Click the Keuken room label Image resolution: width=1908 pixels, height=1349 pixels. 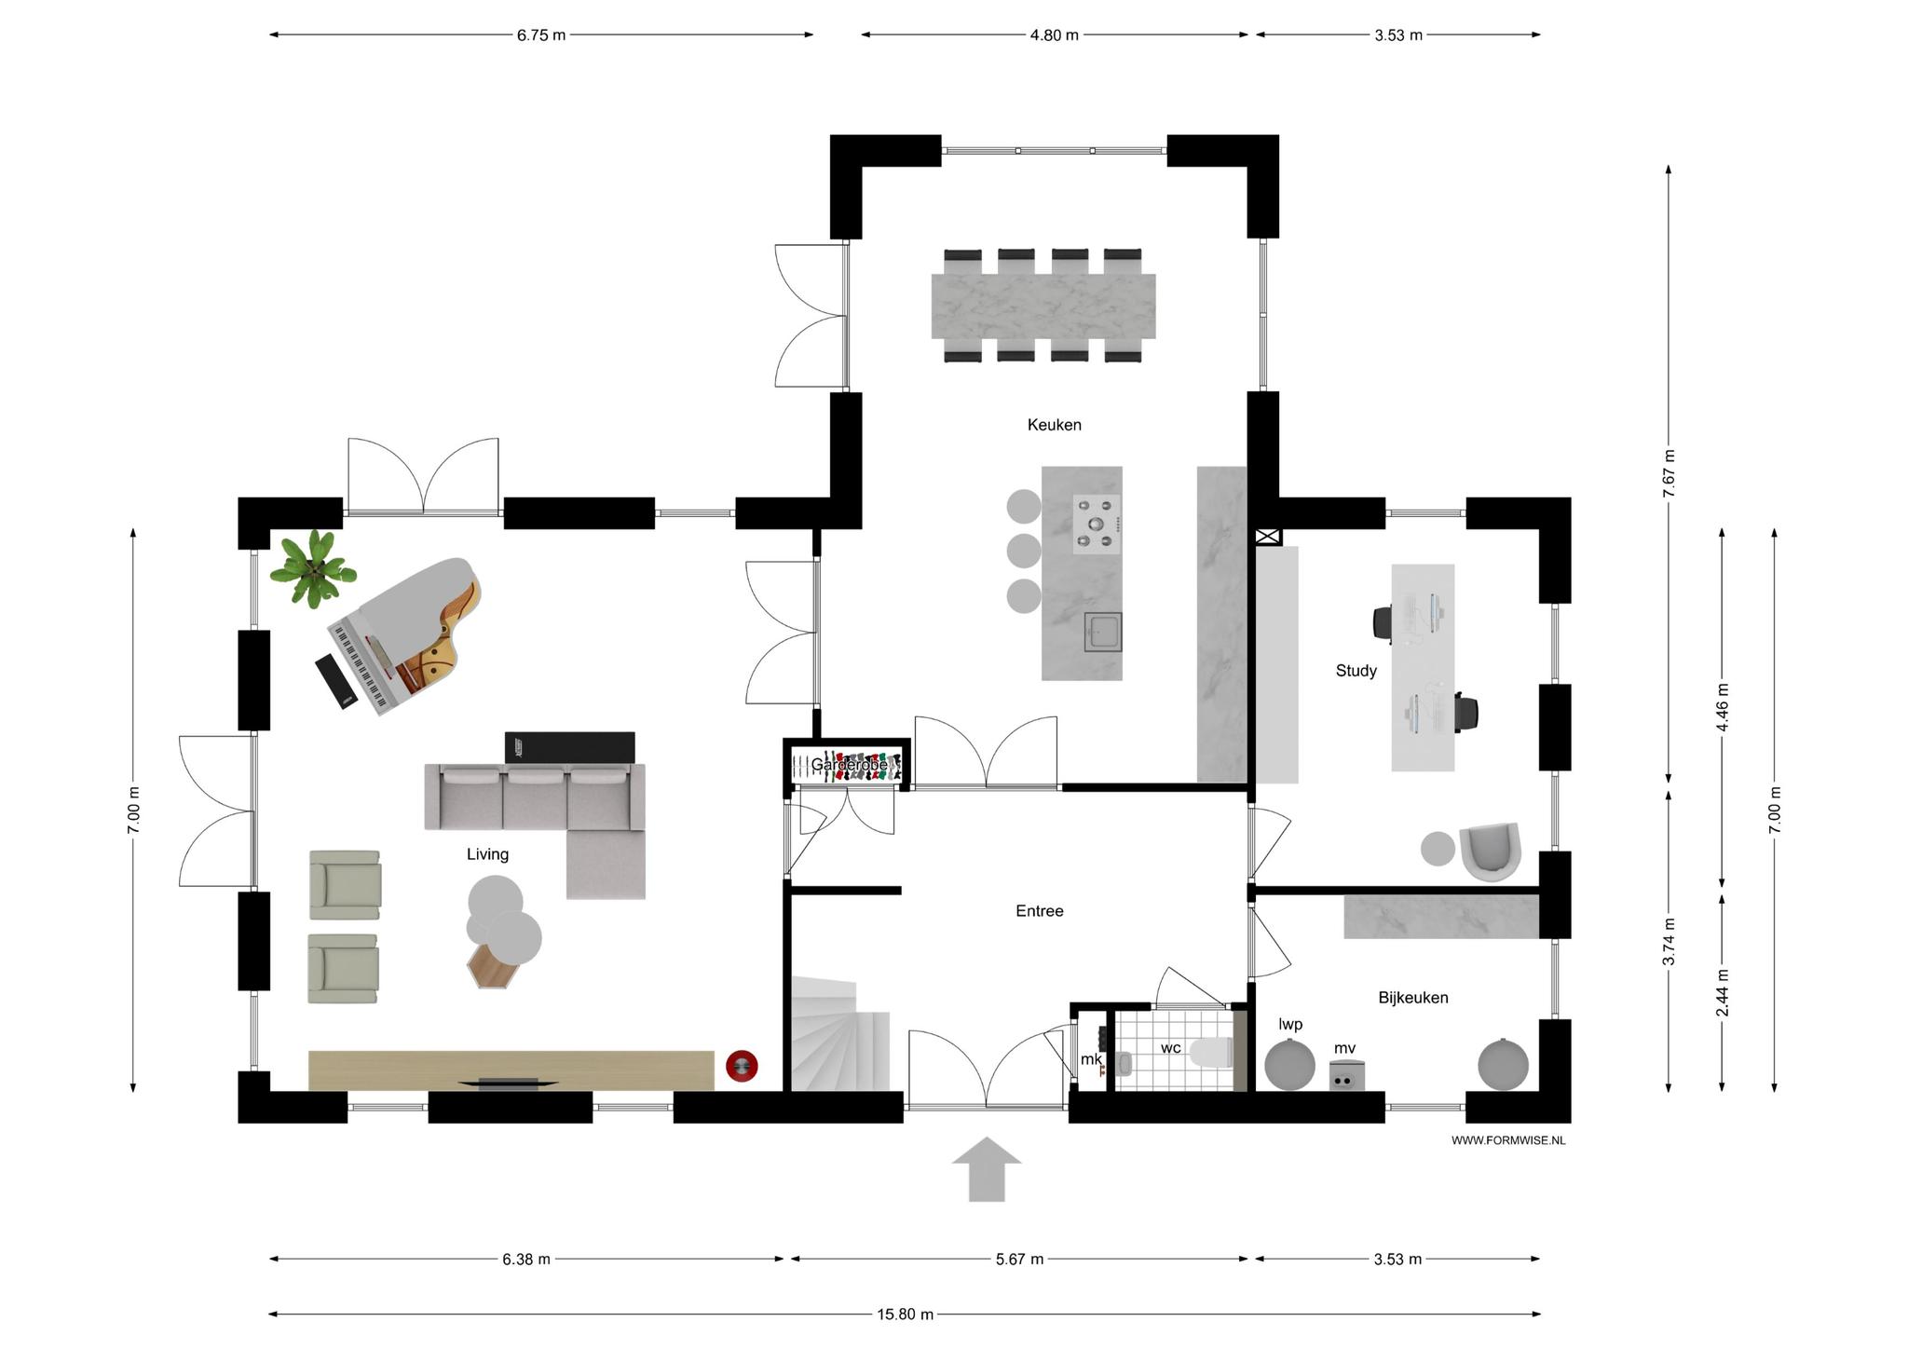[1054, 425]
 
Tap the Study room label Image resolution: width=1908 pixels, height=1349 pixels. [1356, 671]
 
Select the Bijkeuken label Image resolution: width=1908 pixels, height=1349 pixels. [1412, 998]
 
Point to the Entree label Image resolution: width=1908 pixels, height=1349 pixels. [1039, 911]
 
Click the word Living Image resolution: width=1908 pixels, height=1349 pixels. [487, 854]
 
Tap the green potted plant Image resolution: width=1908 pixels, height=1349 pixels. [313, 568]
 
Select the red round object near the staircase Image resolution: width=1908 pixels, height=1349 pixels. [743, 1066]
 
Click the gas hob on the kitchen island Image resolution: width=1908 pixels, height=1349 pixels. [1097, 525]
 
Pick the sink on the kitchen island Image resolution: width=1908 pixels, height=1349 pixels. [1103, 633]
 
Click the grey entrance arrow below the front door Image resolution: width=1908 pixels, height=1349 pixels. [987, 1169]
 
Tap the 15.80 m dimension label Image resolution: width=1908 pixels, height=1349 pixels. [904, 1315]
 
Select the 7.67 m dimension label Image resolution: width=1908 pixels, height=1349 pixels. [1669, 473]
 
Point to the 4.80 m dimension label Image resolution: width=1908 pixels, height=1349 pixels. [1054, 35]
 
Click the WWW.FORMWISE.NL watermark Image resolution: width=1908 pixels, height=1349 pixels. [1508, 1140]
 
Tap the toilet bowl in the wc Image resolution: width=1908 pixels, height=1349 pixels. [1212, 1053]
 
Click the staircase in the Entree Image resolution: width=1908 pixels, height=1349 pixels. [840, 1034]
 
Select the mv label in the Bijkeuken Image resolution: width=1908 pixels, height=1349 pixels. [1344, 1049]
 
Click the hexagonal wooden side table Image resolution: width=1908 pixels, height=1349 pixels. [492, 964]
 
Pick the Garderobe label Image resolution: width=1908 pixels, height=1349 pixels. [849, 765]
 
